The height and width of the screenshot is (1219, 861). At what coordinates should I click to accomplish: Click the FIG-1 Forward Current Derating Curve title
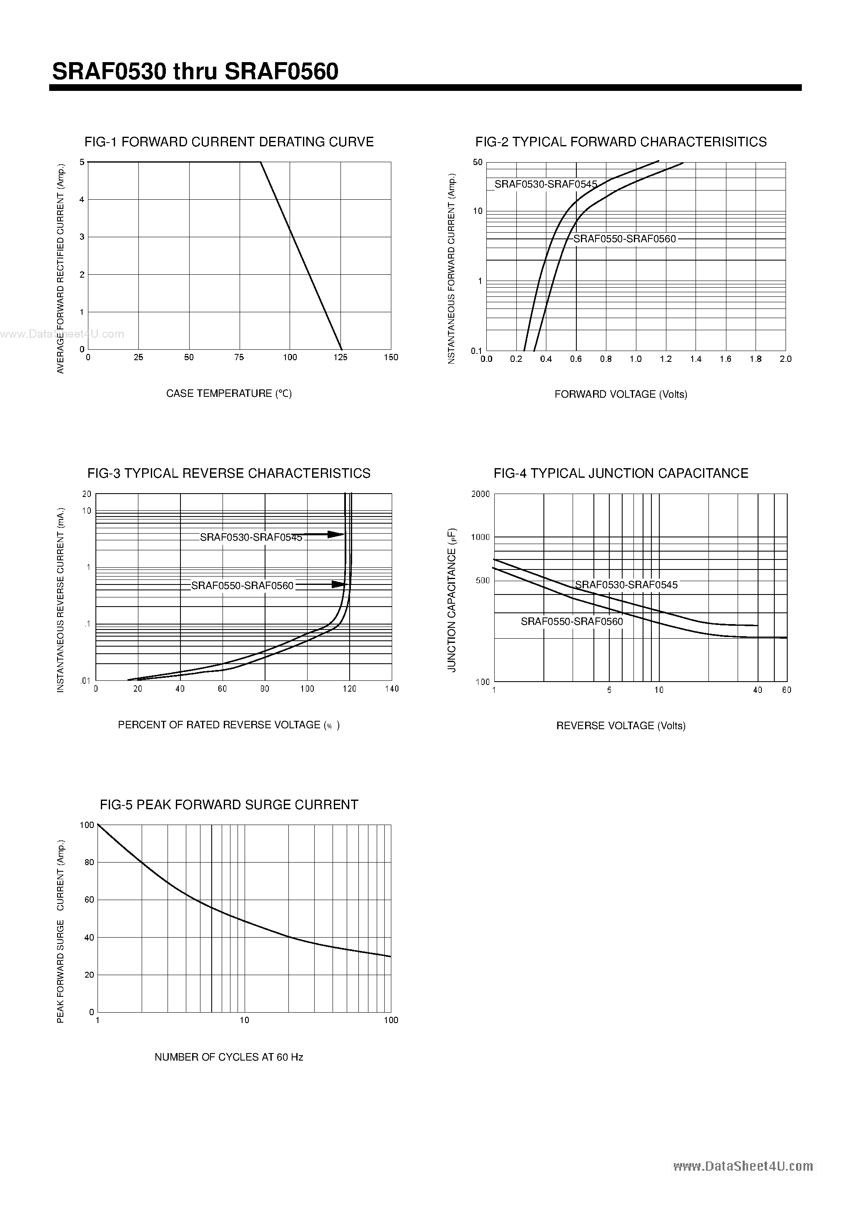click(x=229, y=142)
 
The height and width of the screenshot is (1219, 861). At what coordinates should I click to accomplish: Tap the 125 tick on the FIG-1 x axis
click(x=340, y=357)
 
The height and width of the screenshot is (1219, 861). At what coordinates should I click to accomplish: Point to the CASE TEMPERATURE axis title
click(x=229, y=394)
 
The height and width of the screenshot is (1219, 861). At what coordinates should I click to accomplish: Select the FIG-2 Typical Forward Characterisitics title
click(x=621, y=142)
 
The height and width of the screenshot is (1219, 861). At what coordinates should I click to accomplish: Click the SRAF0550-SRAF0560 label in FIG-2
click(x=624, y=239)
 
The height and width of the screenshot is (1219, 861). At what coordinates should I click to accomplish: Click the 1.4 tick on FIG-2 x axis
click(x=696, y=359)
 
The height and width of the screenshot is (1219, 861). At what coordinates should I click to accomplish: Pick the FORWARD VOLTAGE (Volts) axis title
click(x=621, y=394)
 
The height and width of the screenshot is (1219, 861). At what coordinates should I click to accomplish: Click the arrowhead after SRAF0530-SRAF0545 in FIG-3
click(x=336, y=534)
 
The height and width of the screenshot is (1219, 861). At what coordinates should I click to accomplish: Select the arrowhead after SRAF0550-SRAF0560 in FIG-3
click(x=339, y=584)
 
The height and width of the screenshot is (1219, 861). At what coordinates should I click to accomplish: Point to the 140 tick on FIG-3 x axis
click(x=391, y=689)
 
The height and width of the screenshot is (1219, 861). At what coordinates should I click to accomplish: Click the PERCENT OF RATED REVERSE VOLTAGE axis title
click(x=229, y=725)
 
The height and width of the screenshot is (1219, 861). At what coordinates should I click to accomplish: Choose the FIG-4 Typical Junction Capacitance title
click(x=621, y=473)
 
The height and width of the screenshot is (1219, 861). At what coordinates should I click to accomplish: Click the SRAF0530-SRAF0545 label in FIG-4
click(x=626, y=584)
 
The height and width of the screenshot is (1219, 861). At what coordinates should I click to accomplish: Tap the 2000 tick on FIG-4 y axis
click(x=481, y=494)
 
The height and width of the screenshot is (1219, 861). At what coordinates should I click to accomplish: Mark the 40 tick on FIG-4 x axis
click(x=758, y=690)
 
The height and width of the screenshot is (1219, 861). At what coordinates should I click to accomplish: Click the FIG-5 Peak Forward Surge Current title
click(x=229, y=804)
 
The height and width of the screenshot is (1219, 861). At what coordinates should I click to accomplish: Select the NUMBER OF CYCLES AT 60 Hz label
click(x=229, y=1057)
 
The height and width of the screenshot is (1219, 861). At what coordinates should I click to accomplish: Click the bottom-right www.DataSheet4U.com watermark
click(x=743, y=1166)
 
